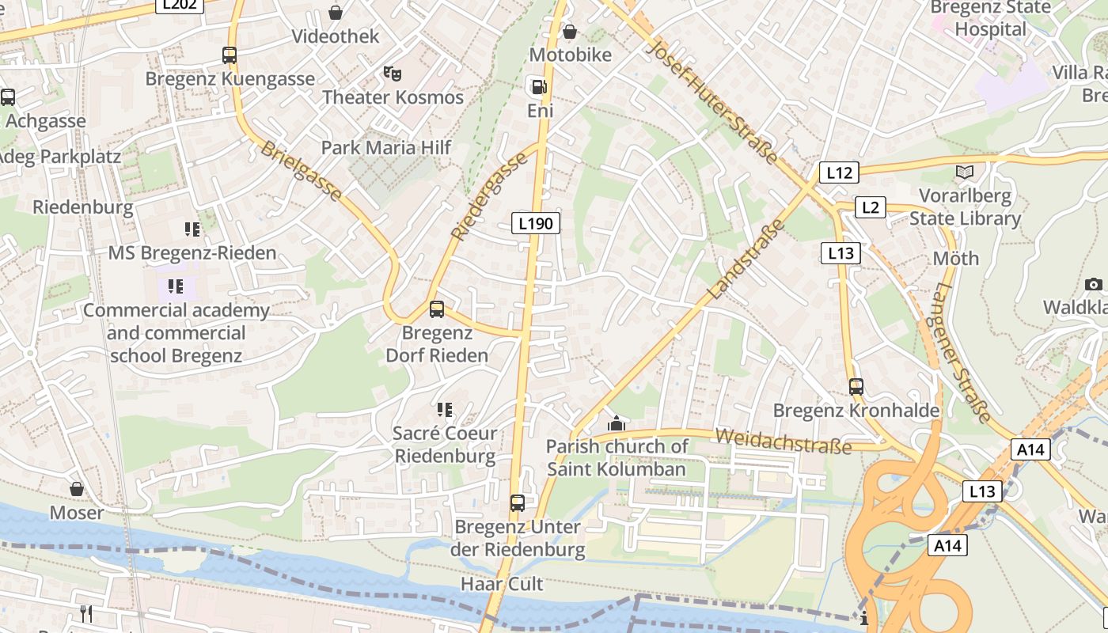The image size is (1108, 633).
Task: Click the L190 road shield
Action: (x=536, y=224)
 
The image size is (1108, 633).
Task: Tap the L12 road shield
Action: (x=839, y=172)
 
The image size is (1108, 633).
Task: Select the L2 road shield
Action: (x=870, y=207)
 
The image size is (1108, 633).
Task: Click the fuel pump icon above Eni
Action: (x=538, y=86)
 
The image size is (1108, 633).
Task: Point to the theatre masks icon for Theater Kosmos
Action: (x=393, y=74)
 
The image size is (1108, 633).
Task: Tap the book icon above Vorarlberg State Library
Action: (x=965, y=172)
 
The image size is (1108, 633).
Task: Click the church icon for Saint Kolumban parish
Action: (x=617, y=424)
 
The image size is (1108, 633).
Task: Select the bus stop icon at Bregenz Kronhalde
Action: (x=856, y=387)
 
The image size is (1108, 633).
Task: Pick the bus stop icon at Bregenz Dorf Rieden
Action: (x=437, y=309)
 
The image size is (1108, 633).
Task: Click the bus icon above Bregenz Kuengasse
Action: (x=230, y=55)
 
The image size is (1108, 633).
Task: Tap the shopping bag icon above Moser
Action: (x=77, y=490)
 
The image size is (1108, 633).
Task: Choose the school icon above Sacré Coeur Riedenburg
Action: (x=445, y=410)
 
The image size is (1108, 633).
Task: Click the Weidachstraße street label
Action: (x=783, y=441)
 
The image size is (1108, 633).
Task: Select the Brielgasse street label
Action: (x=302, y=171)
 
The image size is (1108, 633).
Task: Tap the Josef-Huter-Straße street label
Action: (x=712, y=100)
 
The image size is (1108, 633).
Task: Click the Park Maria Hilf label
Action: (x=386, y=147)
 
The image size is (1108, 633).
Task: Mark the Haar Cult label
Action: (x=502, y=584)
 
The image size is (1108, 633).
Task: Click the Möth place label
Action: (x=955, y=258)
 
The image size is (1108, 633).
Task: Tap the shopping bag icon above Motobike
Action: (x=569, y=32)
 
